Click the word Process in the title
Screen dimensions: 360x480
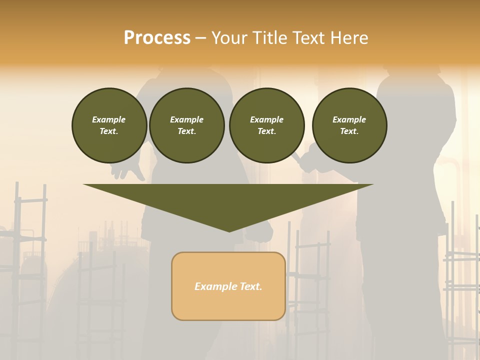pos(157,38)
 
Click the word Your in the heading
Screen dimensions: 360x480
pos(231,38)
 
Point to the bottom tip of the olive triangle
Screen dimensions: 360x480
pos(229,231)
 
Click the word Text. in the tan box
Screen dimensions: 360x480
pos(250,286)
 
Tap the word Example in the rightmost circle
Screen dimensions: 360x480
pos(349,119)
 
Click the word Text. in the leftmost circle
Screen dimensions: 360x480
pos(109,131)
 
